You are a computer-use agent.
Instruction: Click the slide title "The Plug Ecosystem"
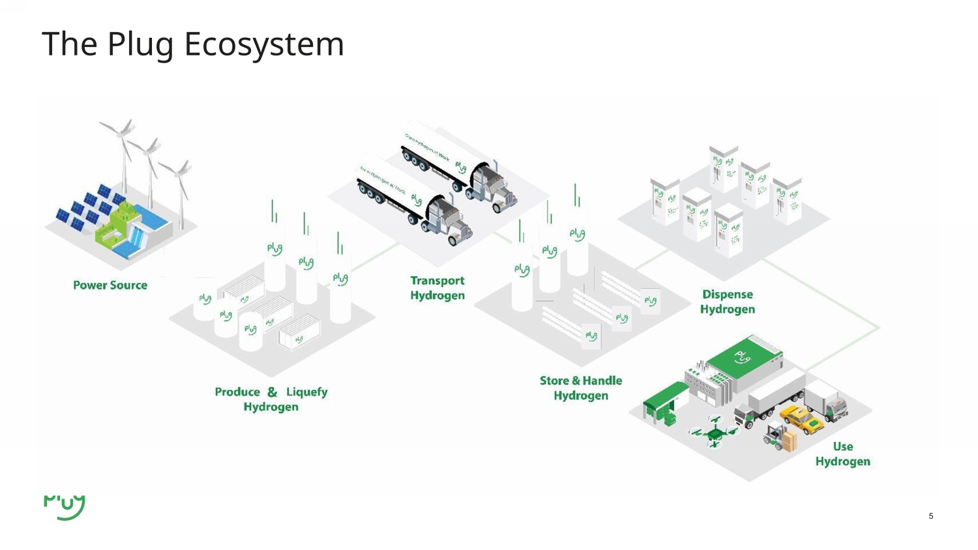click(x=193, y=44)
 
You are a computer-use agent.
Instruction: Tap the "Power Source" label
click(x=110, y=285)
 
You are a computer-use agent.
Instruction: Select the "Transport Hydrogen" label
click(x=437, y=288)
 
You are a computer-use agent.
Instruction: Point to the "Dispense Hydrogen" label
click(x=728, y=302)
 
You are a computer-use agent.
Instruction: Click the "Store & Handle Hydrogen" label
click(x=581, y=388)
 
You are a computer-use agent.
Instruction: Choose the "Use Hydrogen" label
click(x=842, y=454)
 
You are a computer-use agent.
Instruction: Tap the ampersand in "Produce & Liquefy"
click(x=273, y=392)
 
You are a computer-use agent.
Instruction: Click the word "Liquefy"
click(x=307, y=392)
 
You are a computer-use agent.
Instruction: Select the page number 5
click(x=931, y=516)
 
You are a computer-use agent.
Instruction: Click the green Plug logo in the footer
click(x=65, y=507)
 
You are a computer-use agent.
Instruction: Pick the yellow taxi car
click(x=803, y=419)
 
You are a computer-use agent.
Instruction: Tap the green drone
click(x=715, y=431)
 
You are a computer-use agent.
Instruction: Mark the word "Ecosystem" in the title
click(x=264, y=44)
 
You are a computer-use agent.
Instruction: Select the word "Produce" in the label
click(x=237, y=392)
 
